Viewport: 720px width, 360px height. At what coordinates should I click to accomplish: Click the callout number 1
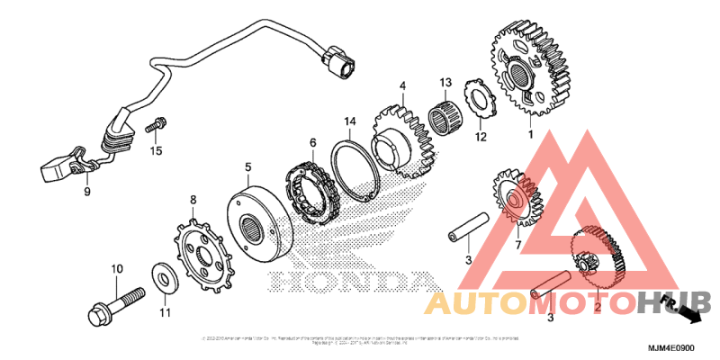530,135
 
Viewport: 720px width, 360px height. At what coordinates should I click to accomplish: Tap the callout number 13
445,83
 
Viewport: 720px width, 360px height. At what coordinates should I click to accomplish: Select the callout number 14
351,121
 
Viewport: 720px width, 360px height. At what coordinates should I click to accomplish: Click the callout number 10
116,269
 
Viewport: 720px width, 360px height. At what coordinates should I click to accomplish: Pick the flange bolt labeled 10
114,304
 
